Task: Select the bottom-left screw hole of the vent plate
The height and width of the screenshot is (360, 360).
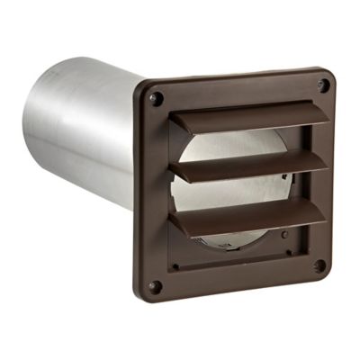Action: coord(155,286)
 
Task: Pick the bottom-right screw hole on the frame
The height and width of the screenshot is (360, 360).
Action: coord(320,266)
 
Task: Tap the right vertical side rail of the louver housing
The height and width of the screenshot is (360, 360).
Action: coord(300,180)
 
